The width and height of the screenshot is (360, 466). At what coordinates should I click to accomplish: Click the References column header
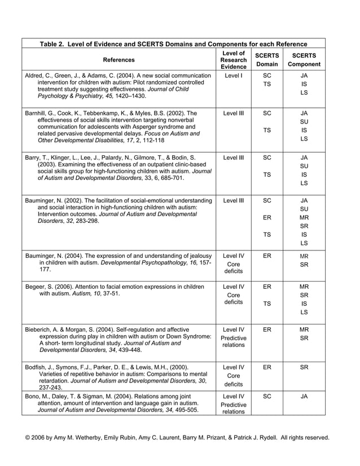pyautogui.click(x=119, y=60)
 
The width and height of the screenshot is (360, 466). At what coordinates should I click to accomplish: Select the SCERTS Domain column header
pyautogui.click(x=267, y=60)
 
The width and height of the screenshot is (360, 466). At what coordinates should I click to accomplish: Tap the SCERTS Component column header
pyautogui.click(x=304, y=60)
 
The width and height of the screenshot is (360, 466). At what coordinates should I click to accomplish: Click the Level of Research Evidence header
pyautogui.click(x=234, y=60)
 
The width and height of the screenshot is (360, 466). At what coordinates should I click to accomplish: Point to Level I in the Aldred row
pyautogui.click(x=233, y=75)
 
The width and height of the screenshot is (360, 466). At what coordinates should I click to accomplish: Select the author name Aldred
pyautogui.click(x=35, y=75)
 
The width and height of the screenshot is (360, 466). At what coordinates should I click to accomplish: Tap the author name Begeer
pyautogui.click(x=36, y=287)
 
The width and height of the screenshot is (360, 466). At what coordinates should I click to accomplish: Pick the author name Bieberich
pyautogui.click(x=39, y=329)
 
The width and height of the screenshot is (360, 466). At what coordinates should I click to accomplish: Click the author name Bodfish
pyautogui.click(x=38, y=367)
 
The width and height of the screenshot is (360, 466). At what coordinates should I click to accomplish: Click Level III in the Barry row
pyautogui.click(x=233, y=157)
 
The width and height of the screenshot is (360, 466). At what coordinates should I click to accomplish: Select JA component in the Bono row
pyautogui.click(x=304, y=397)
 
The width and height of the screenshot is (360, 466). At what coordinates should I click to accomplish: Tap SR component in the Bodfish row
pyautogui.click(x=304, y=367)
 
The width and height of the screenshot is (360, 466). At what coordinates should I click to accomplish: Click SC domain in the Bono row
pyautogui.click(x=267, y=397)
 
